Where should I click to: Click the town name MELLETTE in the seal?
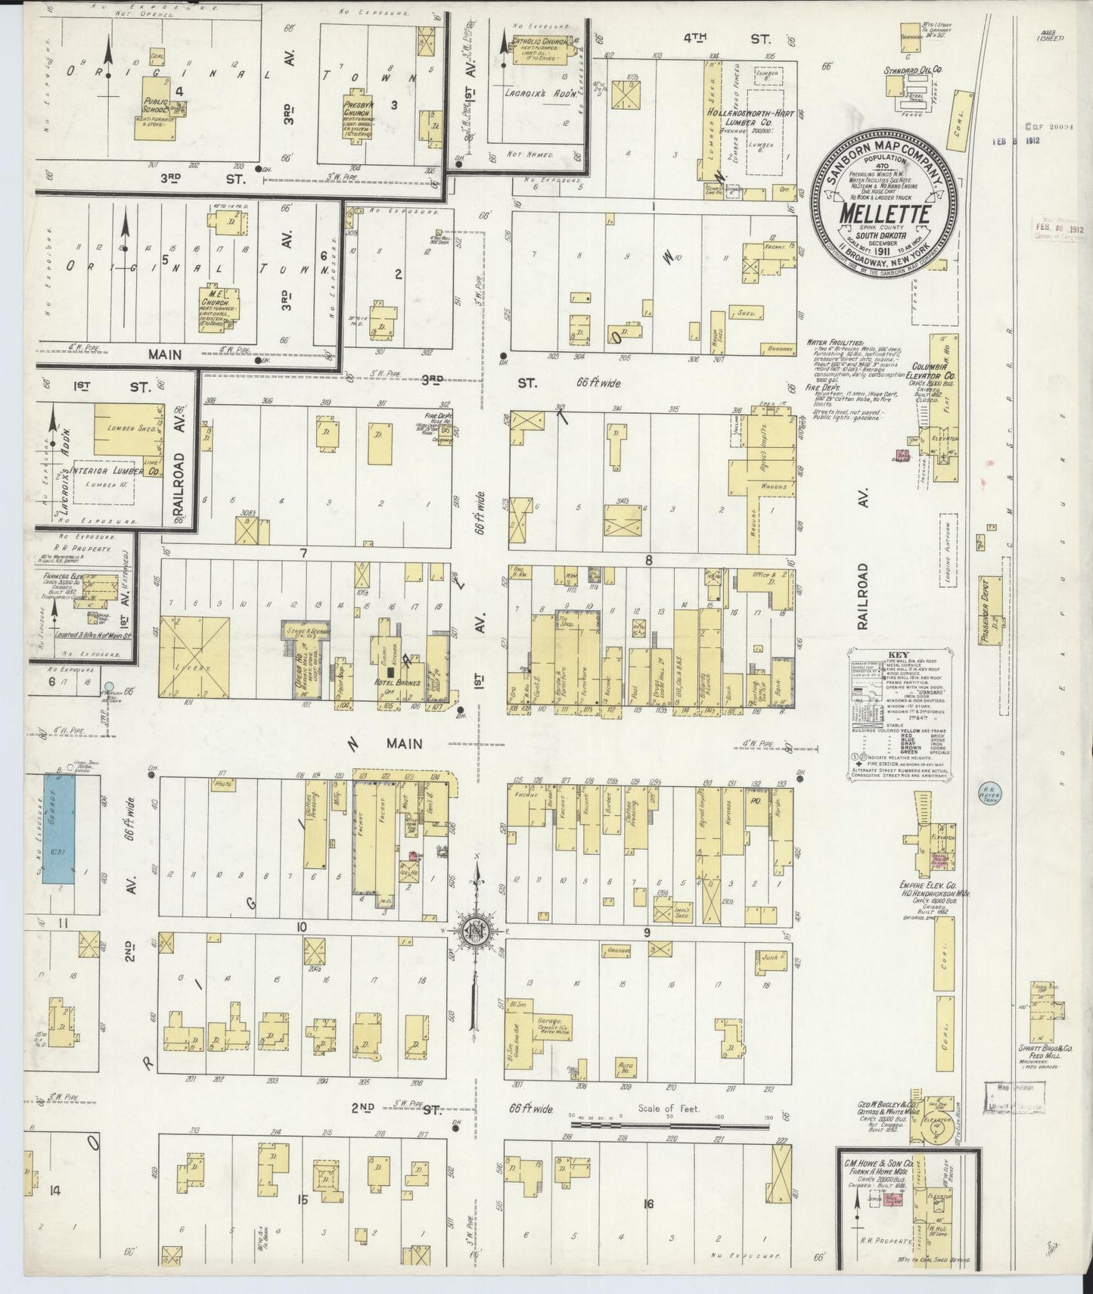click(x=883, y=213)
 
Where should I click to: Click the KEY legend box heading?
click(x=901, y=659)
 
